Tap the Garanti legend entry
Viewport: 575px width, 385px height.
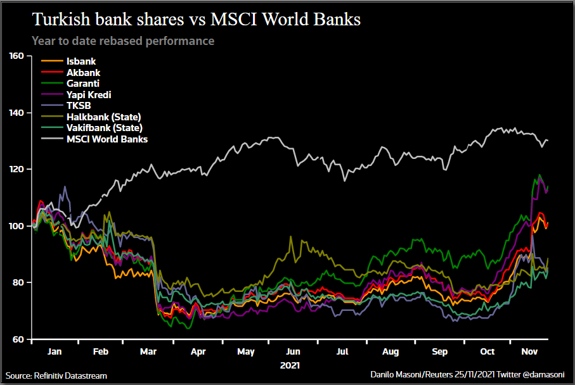(82, 84)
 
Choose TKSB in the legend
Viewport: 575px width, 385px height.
(79, 106)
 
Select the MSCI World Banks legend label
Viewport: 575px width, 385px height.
(107, 139)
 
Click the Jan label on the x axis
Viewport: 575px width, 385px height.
(55, 351)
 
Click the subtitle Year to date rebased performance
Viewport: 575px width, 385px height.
(123, 41)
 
